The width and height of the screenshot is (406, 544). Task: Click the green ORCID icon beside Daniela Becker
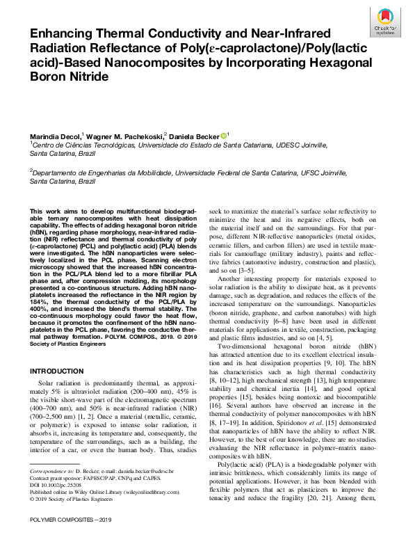coord(223,135)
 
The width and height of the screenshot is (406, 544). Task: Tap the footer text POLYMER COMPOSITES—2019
coord(66,539)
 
